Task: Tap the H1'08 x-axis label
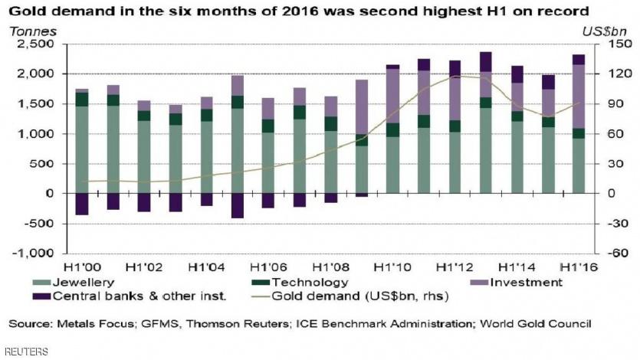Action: point(330,267)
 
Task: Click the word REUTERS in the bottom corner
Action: point(25,352)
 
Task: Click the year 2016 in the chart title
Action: point(276,11)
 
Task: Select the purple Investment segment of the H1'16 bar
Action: point(579,96)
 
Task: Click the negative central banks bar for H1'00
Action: point(82,204)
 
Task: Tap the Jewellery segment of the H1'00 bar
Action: point(82,149)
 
